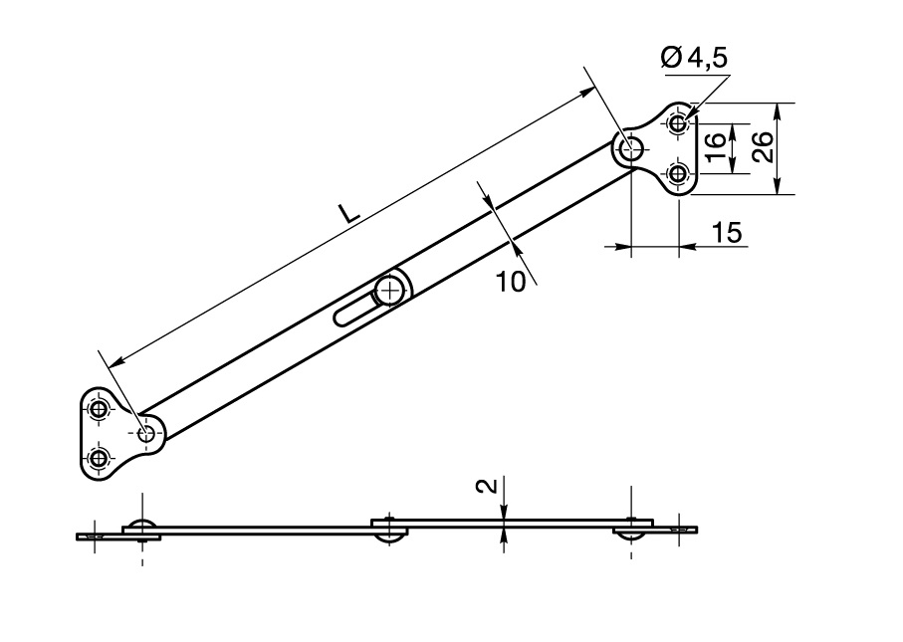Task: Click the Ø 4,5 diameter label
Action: (x=694, y=60)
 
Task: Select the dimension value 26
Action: (x=762, y=148)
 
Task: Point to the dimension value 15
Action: (x=727, y=233)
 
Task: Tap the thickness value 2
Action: (x=485, y=487)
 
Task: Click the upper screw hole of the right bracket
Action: (x=678, y=123)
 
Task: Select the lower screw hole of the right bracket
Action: (x=678, y=174)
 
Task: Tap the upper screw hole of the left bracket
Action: (x=98, y=410)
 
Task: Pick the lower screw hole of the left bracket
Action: (x=98, y=458)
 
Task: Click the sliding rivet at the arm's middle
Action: (x=388, y=290)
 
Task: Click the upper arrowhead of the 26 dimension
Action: (x=779, y=109)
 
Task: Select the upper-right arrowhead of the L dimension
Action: (x=589, y=91)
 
